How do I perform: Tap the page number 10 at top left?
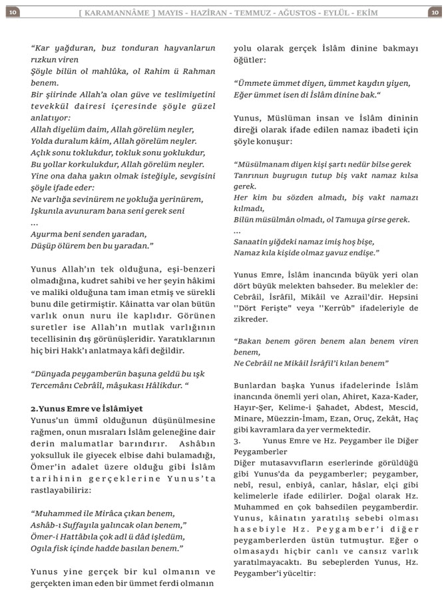[x=14, y=12]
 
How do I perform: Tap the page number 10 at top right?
[x=433, y=12]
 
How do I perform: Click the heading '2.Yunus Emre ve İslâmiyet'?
[x=87, y=408]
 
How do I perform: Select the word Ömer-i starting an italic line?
[x=47, y=536]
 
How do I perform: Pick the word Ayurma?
[x=48, y=234]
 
